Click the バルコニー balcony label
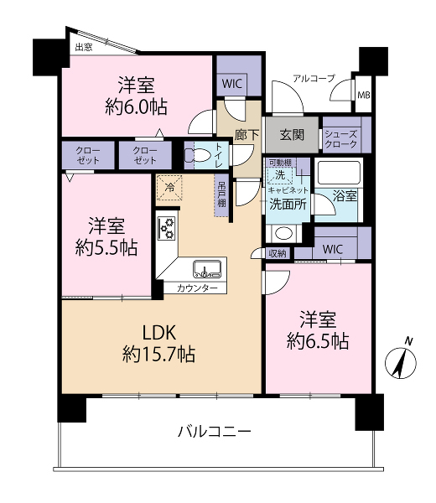214,432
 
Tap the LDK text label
159,332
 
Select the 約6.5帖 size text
318,341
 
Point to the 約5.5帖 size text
106,247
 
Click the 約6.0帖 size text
136,106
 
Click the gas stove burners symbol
167,228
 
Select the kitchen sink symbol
207,269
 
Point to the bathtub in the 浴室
339,172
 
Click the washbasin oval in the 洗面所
284,233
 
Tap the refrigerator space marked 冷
169,188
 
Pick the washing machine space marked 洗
280,175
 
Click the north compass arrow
401,362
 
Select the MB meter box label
364,95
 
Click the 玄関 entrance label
292,135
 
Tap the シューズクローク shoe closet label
340,139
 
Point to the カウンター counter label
197,288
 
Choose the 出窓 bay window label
84,48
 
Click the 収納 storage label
278,253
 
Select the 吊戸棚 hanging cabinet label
221,194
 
